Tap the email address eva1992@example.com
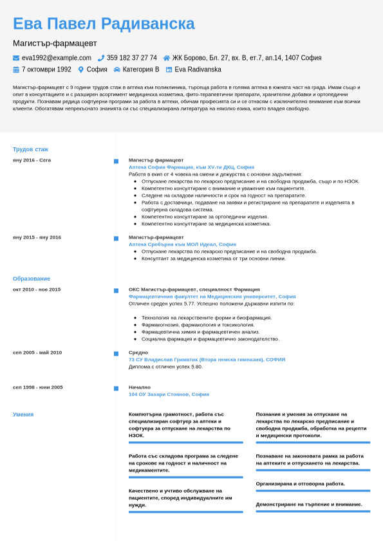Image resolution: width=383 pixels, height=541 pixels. [x=57, y=58]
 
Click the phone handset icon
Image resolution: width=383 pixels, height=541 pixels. [x=101, y=58]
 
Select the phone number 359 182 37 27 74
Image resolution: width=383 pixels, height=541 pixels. [x=131, y=58]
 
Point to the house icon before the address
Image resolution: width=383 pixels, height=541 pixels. [x=167, y=58]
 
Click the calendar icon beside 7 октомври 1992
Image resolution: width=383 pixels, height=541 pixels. [x=16, y=69]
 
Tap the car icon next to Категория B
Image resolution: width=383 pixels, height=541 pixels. [x=117, y=69]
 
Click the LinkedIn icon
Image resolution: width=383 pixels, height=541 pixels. [x=169, y=69]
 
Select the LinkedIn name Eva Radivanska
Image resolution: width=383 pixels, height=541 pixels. [x=198, y=69]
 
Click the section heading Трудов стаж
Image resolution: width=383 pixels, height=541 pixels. [x=30, y=149]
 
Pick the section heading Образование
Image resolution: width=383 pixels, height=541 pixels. [x=32, y=279]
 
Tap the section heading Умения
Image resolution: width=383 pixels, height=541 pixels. [x=23, y=414]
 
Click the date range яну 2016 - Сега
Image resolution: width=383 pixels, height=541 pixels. [x=32, y=160]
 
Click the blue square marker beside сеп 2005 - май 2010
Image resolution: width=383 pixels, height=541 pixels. [x=116, y=354]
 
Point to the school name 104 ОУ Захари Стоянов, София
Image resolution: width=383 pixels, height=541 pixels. [x=169, y=394]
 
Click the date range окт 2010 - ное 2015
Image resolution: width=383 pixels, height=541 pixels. [x=37, y=289]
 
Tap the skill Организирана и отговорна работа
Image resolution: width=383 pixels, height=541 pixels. [x=300, y=484]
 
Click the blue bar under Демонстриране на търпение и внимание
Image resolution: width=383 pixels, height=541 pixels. [x=313, y=511]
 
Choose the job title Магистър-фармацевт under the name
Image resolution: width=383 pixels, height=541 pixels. [x=55, y=43]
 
